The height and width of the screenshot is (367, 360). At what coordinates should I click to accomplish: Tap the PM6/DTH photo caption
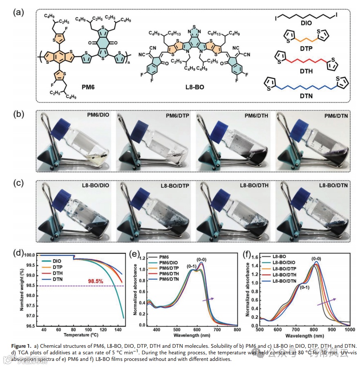coord(256,116)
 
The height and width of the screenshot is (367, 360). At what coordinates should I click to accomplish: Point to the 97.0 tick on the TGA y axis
coord(28,316)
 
